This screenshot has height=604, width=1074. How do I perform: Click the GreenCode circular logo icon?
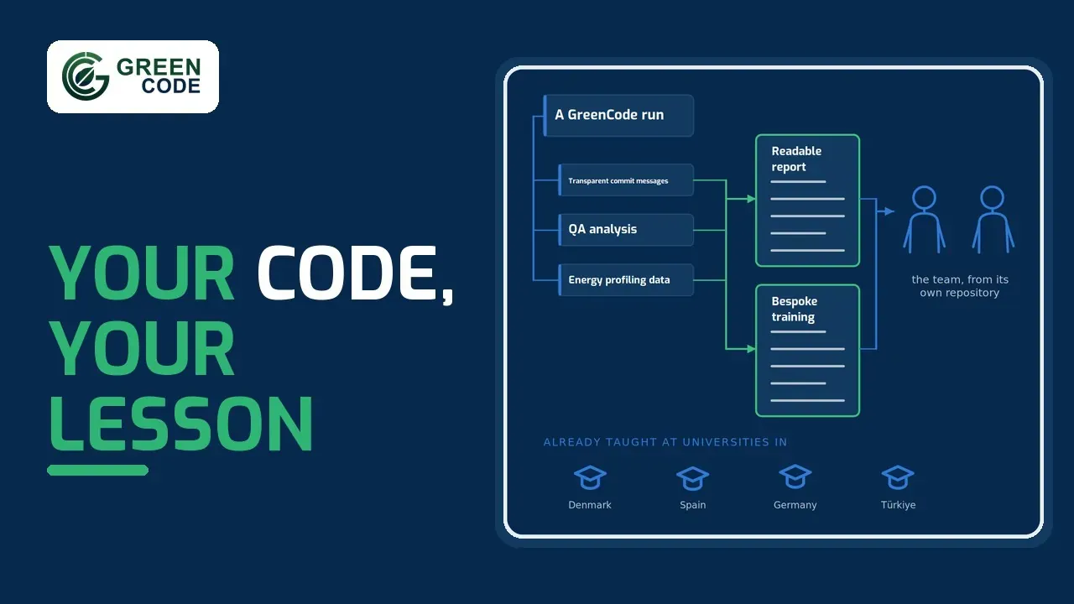click(x=86, y=76)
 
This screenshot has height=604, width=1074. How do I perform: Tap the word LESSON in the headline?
click(x=181, y=424)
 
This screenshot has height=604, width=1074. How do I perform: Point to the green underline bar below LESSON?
click(x=98, y=471)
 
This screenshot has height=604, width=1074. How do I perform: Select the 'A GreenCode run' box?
click(x=618, y=116)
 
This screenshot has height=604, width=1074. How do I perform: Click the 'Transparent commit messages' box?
click(x=626, y=180)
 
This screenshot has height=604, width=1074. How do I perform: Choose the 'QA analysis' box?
click(x=626, y=230)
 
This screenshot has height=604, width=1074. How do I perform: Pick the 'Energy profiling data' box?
click(x=626, y=280)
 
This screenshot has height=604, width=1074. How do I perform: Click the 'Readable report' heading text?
click(x=796, y=159)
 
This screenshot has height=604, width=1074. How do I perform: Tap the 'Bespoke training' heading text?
click(x=795, y=310)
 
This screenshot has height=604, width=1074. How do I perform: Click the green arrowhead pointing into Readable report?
click(x=751, y=199)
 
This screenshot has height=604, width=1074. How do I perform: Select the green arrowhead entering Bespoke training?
click(x=751, y=349)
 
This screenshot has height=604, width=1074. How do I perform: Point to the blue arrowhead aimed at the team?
click(x=889, y=211)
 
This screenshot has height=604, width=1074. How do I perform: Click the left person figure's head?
click(x=924, y=197)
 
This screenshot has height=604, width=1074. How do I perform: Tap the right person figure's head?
click(x=992, y=197)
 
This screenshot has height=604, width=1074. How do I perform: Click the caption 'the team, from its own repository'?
click(x=960, y=286)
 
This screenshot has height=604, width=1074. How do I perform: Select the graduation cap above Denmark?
click(x=590, y=477)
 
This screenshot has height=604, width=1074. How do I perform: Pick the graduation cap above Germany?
click(x=795, y=476)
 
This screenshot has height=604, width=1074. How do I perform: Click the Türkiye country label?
click(x=898, y=505)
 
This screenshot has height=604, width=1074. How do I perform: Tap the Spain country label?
click(x=693, y=505)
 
